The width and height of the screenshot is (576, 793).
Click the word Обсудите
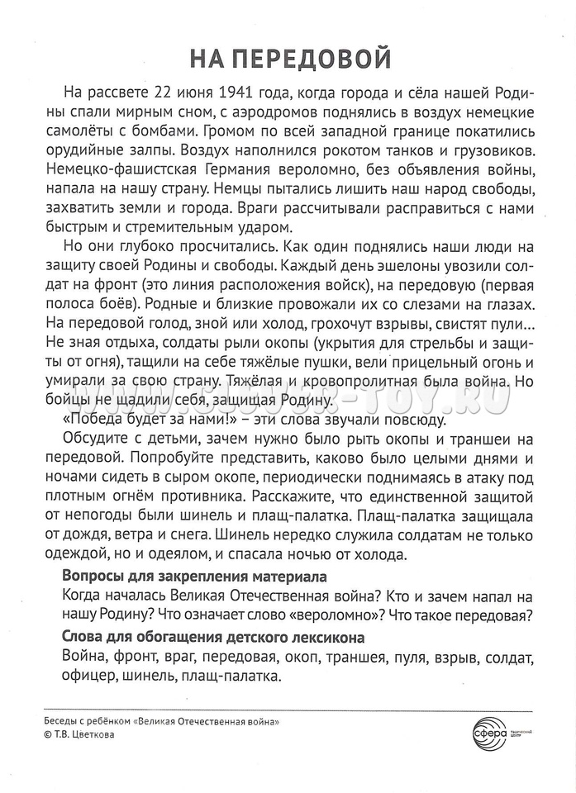[98, 441]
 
